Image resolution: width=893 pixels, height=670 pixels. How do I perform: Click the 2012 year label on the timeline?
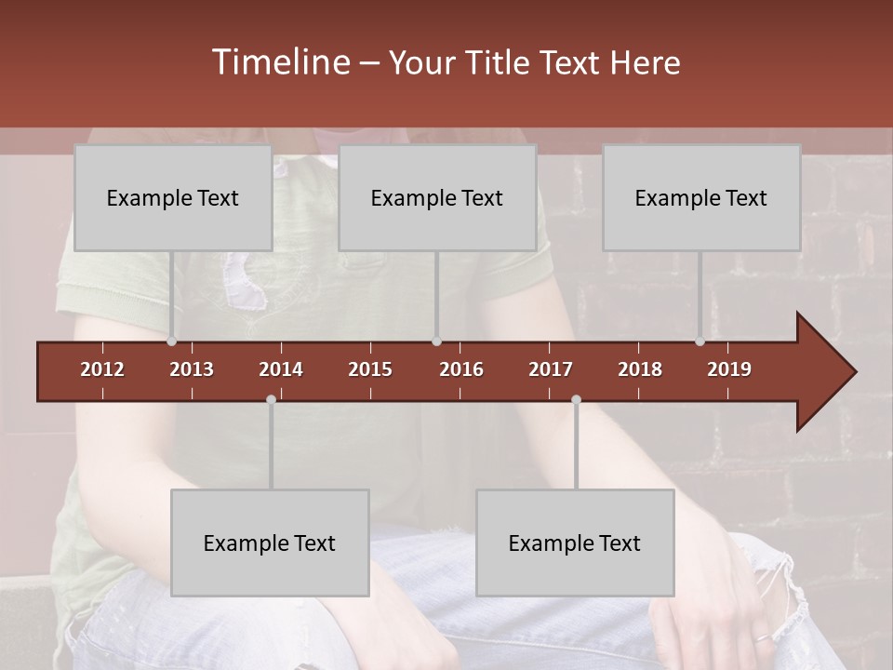click(x=102, y=369)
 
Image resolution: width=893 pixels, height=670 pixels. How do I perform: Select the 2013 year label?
click(x=192, y=369)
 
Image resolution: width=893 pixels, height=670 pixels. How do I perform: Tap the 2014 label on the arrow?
click(x=281, y=369)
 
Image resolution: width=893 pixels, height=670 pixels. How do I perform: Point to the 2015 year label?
click(x=370, y=369)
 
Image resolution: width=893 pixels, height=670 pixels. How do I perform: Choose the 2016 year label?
click(x=461, y=369)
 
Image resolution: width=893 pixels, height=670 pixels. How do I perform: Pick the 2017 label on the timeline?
click(x=551, y=369)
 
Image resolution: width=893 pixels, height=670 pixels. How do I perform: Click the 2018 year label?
click(x=640, y=369)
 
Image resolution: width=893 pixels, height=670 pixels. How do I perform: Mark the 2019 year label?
click(x=729, y=369)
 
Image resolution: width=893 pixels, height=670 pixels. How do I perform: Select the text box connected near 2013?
click(x=173, y=197)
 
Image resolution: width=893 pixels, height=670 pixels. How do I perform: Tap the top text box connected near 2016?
click(x=437, y=197)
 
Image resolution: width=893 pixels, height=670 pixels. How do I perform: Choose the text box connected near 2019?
click(x=701, y=197)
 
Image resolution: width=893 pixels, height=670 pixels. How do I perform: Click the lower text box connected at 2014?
click(x=270, y=543)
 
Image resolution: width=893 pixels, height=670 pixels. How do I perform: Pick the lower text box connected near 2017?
click(x=575, y=543)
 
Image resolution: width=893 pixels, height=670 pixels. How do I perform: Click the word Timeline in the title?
click(x=280, y=62)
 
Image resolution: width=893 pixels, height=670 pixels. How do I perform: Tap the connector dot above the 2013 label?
click(x=172, y=342)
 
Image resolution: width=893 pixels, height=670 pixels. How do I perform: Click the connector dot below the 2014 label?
click(x=271, y=400)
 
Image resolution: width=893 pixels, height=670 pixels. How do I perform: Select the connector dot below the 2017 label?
click(x=576, y=400)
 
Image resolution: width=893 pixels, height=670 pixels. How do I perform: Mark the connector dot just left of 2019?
click(x=700, y=342)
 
